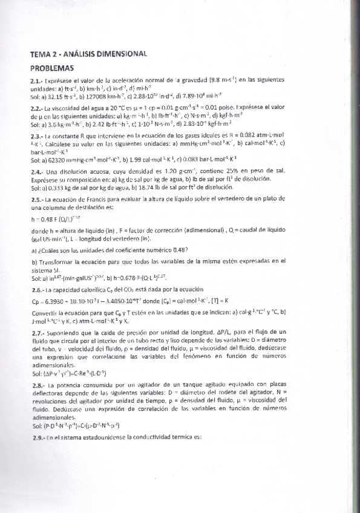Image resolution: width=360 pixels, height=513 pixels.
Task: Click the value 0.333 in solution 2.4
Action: [56, 189]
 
